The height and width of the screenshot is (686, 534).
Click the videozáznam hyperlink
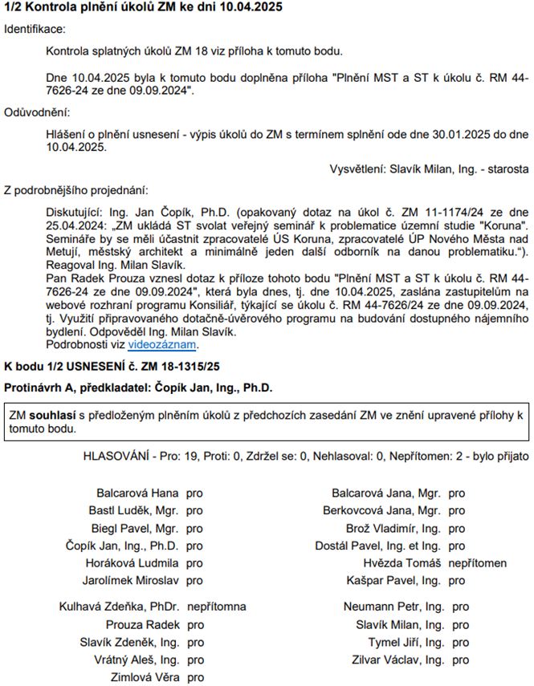[162, 345]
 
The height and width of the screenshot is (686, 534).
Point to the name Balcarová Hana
[137, 493]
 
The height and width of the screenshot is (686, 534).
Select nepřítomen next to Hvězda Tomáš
[478, 562]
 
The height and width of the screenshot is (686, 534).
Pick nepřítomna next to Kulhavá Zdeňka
[216, 607]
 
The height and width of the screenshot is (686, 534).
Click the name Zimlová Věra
[145, 677]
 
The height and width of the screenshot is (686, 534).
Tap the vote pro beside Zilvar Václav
[461, 660]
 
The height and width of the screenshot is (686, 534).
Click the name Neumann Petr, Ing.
[393, 607]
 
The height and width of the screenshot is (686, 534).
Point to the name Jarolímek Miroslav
[132, 580]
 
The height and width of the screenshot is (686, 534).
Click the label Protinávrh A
[40, 388]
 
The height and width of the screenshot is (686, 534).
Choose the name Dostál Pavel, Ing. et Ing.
[378, 546]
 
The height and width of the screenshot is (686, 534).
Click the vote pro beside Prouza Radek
[194, 624]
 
